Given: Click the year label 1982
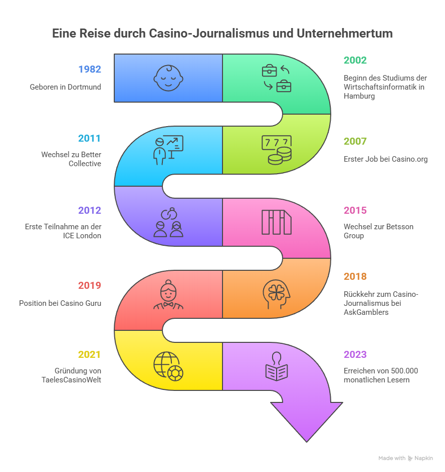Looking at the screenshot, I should point(89,69).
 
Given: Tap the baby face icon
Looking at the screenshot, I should point(168,78).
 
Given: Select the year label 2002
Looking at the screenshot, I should point(355,60).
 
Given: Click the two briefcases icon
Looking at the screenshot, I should point(277,78).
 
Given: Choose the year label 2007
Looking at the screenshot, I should point(355,142).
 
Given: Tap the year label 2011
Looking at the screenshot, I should point(89,138).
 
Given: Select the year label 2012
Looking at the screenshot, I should point(89,210).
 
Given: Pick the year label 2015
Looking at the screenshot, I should point(355,210).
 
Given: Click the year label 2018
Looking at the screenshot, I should point(355,276).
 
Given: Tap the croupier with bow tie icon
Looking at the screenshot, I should point(168,294).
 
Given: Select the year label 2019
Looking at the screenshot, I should point(89,285).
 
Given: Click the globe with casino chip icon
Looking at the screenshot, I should point(168,366).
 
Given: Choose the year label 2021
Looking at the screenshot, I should point(89,354).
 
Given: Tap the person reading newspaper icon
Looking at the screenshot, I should point(277,366).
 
